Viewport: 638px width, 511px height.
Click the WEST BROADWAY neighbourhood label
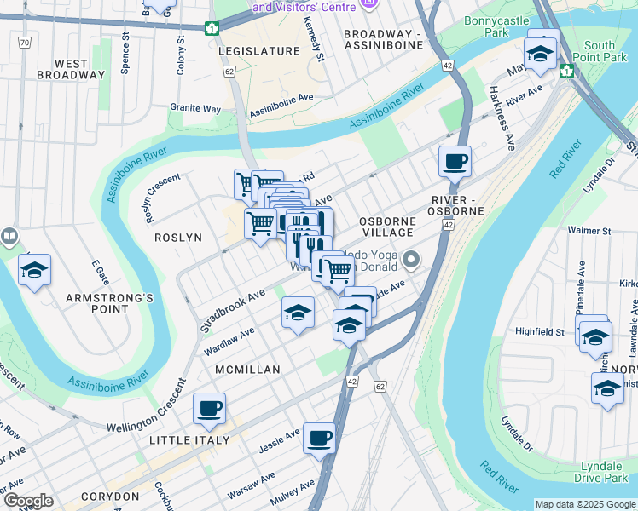(x=71, y=69)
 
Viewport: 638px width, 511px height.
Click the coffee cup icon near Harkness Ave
(x=455, y=160)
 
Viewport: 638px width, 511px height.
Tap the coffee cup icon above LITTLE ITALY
(x=209, y=408)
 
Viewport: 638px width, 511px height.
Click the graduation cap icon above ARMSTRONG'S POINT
(x=35, y=270)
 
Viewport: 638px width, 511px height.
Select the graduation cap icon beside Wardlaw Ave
(x=298, y=313)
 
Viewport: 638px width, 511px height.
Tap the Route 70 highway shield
(x=25, y=42)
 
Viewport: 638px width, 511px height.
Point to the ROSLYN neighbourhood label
(x=177, y=238)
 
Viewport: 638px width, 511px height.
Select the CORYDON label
(x=110, y=496)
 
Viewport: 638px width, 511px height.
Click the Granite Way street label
(x=194, y=109)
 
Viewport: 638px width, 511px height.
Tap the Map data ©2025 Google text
(x=585, y=504)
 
